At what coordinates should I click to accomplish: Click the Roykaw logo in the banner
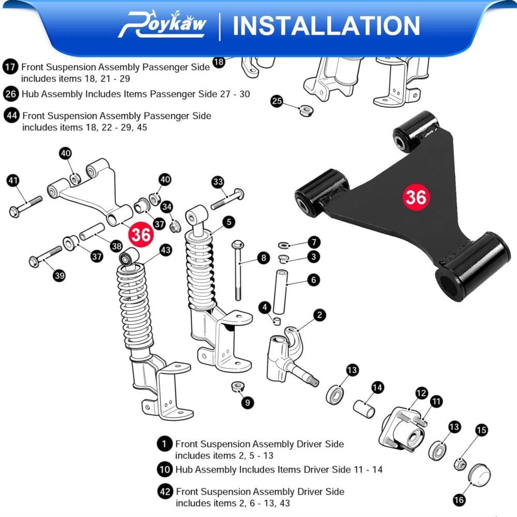pos(162,24)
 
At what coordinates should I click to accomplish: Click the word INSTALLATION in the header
pos(326,26)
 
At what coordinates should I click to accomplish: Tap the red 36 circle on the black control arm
pos(416,197)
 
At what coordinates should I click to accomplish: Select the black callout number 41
pos(13,180)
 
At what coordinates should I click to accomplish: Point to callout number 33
pos(218,181)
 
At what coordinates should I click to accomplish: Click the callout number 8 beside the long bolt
pos(263,258)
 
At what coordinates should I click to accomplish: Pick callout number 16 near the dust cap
pos(459,500)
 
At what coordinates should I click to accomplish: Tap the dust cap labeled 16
pos(479,475)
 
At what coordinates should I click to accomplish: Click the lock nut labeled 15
pos(460,464)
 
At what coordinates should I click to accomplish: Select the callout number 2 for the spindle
pos(319,315)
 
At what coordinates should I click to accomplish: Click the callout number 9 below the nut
pos(247,403)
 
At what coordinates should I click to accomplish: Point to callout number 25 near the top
pos(277,101)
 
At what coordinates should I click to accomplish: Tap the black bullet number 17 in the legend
pos(10,67)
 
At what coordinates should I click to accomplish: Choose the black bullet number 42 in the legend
pos(165,492)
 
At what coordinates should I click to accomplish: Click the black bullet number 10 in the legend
pos(165,469)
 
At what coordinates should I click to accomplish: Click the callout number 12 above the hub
pos(421,393)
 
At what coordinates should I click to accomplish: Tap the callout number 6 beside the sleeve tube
pos(313,280)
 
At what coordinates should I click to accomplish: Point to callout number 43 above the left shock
pos(165,250)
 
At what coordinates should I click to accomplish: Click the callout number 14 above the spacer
pos(377,388)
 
